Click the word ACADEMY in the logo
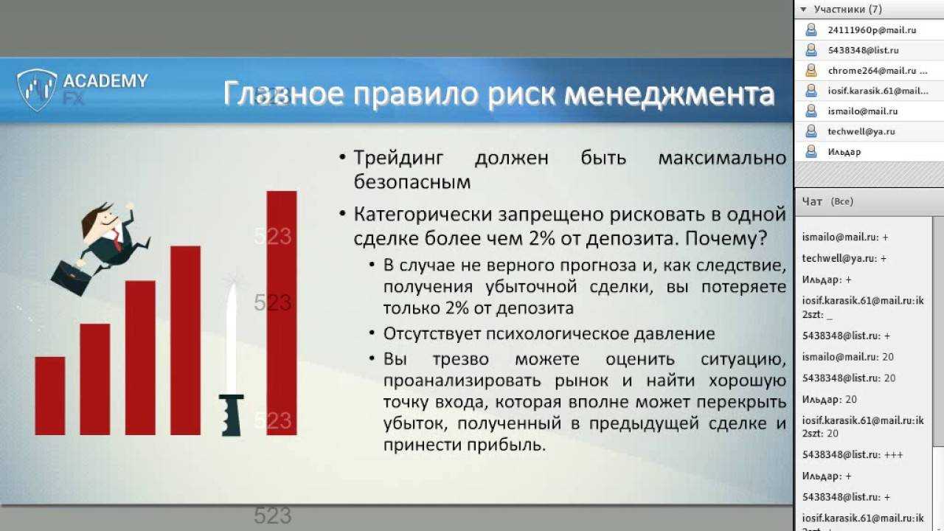tap(105, 80)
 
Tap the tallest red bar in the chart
tap(282, 313)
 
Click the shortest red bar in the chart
tap(50, 396)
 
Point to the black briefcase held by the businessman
tap(71, 278)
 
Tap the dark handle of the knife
tap(231, 415)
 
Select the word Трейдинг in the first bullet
tap(398, 158)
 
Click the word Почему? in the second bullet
tap(726, 238)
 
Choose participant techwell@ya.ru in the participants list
tap(861, 131)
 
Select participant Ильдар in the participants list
tap(844, 152)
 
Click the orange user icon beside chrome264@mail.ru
tap(811, 70)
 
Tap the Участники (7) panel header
tap(848, 10)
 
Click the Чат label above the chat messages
tap(812, 202)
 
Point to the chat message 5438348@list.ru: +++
tap(853, 455)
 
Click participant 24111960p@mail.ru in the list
tap(872, 30)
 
